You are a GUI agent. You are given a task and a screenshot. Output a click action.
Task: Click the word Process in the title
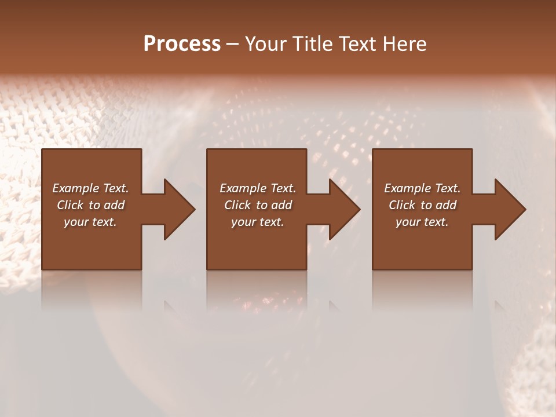pos(182,44)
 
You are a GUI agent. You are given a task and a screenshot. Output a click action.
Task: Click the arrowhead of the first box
pos(179,209)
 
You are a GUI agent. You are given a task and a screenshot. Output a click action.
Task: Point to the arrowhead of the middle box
pos(344,209)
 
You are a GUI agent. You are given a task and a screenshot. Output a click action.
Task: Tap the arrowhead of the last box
pos(510,209)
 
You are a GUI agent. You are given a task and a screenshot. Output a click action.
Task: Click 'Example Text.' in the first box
pos(90,188)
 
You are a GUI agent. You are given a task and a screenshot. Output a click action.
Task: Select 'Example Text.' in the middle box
pos(258,188)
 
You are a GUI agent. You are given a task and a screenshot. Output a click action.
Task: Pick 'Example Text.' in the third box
pos(422,188)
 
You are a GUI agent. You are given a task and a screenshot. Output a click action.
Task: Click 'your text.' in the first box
pos(90,222)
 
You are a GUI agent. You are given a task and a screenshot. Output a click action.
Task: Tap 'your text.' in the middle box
pos(258,222)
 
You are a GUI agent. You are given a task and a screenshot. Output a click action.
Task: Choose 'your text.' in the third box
pos(422,222)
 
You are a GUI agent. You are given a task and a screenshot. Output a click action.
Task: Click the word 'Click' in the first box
pos(70,205)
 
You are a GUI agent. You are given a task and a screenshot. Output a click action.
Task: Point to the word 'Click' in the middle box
pos(237,205)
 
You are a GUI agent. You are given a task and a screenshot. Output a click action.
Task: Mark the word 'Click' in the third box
pos(402,205)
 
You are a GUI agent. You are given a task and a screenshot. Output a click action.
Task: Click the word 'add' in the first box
pos(114,205)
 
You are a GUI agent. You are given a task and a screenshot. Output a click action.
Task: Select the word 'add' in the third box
pos(446,205)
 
